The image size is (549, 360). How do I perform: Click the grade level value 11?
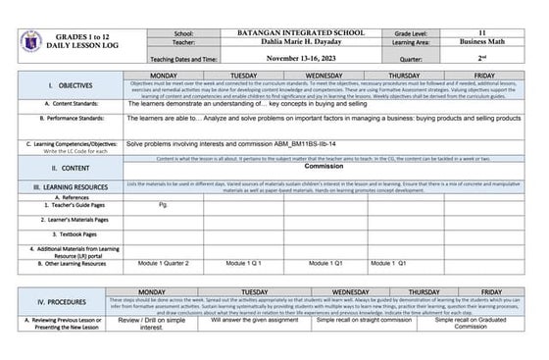coord(482,33)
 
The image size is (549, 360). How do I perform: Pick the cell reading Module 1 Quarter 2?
coord(164,264)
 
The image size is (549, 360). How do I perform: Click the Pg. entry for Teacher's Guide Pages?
coord(163,204)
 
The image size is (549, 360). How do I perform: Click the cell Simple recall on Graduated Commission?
coord(471,324)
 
